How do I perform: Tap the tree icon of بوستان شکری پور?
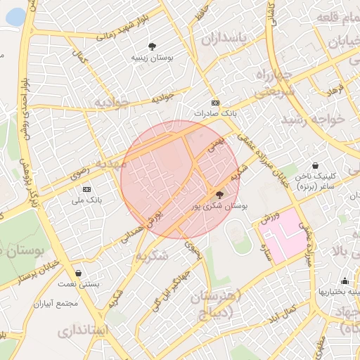219,195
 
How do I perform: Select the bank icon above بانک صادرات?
215,103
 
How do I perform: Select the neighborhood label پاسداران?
224,40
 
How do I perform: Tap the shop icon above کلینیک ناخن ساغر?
316,165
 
